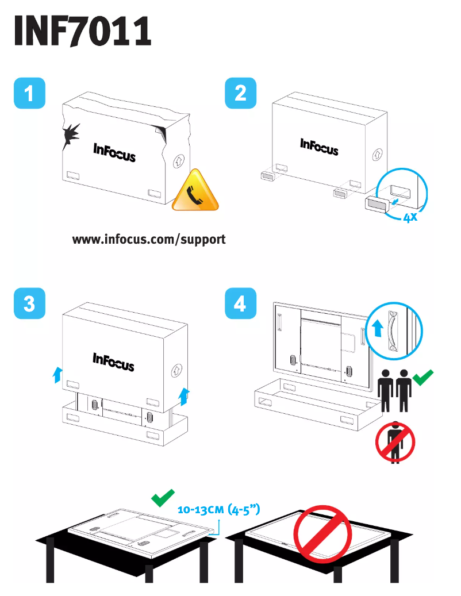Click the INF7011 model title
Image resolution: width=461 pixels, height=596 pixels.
click(x=83, y=31)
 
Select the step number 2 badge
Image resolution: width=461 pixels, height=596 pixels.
click(x=240, y=93)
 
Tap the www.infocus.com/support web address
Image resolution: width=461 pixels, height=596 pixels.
click(x=149, y=239)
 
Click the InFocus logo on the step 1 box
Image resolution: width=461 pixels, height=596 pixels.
click(x=114, y=152)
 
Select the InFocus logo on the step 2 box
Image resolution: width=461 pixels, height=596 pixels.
click(x=319, y=147)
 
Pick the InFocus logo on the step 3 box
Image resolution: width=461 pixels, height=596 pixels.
click(x=113, y=362)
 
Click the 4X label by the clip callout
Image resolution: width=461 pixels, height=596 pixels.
click(x=410, y=218)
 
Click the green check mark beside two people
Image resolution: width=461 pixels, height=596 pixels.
click(x=424, y=377)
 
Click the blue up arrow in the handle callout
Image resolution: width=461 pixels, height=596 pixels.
click(x=378, y=329)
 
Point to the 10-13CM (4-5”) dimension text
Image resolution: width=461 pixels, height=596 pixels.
click(x=220, y=509)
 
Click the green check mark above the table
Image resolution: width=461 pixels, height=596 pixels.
click(x=163, y=498)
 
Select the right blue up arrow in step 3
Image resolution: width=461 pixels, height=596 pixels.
click(x=184, y=396)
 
